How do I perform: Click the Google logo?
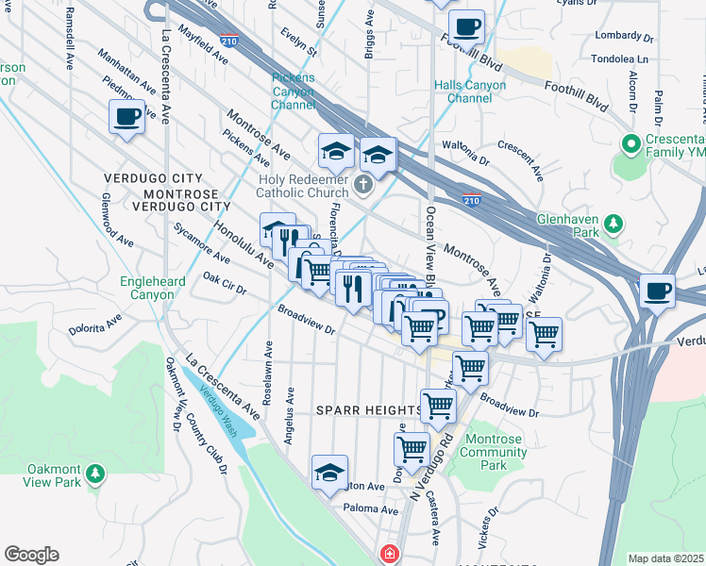click(x=31, y=555)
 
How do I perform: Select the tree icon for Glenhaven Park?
click(x=614, y=224)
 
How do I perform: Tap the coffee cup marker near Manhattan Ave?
click(x=127, y=118)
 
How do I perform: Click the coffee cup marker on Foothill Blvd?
click(x=466, y=26)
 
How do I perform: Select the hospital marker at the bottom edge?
click(x=387, y=555)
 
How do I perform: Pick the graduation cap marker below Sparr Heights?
click(x=329, y=474)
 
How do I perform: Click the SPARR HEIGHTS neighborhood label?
click(x=369, y=410)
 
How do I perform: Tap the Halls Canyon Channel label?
click(x=470, y=92)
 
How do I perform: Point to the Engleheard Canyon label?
click(x=147, y=288)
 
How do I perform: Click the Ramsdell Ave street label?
click(x=69, y=41)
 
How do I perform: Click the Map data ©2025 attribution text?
click(x=665, y=558)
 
